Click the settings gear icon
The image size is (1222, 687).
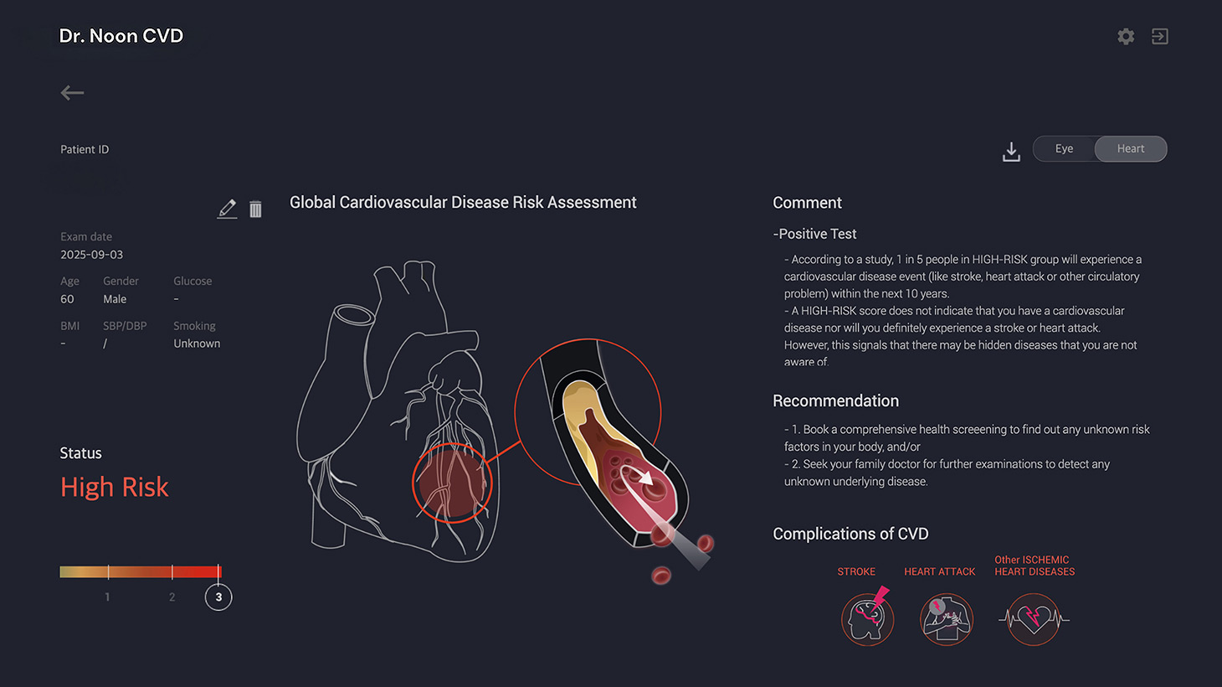pos(1126,36)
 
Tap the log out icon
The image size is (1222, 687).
pos(1159,36)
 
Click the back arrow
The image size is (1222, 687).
pos(72,93)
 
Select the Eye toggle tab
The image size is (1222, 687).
pos(1064,149)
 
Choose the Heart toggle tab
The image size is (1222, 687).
pos(1130,149)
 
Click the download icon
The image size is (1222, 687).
pos(1011,152)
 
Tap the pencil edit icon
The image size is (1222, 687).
pos(227,209)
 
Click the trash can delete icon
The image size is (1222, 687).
pos(255,209)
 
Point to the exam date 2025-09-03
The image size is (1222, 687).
pos(91,255)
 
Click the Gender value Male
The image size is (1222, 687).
pos(115,299)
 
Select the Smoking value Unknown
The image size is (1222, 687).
pos(197,343)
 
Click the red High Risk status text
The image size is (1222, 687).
pos(115,487)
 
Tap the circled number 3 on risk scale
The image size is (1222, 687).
pos(218,597)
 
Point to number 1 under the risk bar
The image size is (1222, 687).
pos(107,597)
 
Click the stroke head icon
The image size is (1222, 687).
pos(867,618)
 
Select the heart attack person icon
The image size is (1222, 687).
pos(947,619)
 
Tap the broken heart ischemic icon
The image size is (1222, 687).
pos(1034,619)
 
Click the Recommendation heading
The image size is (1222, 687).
pos(835,401)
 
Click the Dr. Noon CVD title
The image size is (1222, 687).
pos(121,36)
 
